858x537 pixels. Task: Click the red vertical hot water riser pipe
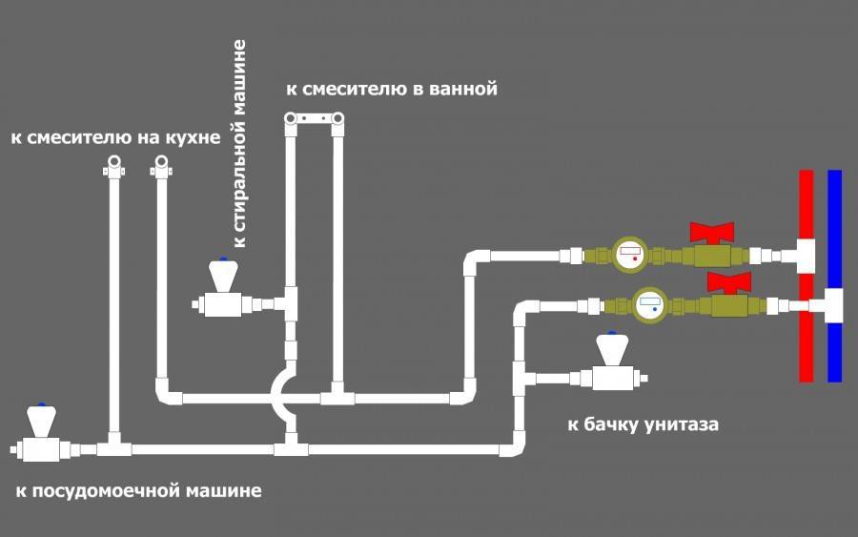click(x=806, y=276)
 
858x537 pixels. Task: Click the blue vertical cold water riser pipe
click(x=834, y=276)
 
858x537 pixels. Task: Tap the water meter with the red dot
click(x=630, y=255)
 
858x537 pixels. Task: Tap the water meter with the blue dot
click(x=650, y=305)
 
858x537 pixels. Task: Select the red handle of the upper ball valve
click(x=712, y=233)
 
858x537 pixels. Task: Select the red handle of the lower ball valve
click(x=729, y=282)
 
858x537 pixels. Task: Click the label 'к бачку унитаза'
click(x=643, y=424)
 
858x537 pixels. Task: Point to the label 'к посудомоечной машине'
click(x=138, y=490)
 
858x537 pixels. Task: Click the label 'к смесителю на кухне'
click(x=115, y=137)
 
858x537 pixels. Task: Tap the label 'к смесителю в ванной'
click(x=392, y=89)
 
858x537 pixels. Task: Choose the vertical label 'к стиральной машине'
click(x=239, y=143)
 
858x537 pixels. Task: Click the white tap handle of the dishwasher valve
click(x=42, y=421)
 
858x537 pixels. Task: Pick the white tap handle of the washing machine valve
click(x=223, y=276)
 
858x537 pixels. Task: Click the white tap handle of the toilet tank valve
click(x=612, y=349)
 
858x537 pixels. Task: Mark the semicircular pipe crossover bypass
click(x=284, y=398)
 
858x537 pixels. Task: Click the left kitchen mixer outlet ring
click(x=113, y=162)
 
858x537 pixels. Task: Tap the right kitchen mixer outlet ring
click(x=161, y=162)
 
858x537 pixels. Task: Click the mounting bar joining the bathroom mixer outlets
click(x=314, y=117)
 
